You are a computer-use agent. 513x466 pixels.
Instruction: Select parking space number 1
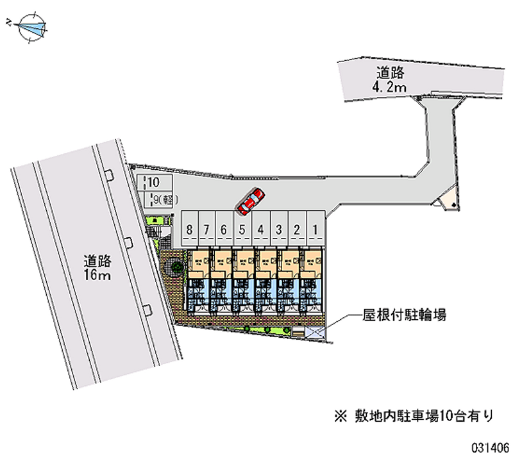point(315,229)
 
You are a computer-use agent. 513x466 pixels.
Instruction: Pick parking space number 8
point(189,229)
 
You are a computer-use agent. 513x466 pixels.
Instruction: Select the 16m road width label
point(98,268)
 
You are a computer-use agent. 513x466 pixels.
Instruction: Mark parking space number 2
point(298,229)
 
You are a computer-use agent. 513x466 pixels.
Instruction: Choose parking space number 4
point(261,229)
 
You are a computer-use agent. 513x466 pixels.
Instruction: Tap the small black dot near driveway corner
point(453,204)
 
